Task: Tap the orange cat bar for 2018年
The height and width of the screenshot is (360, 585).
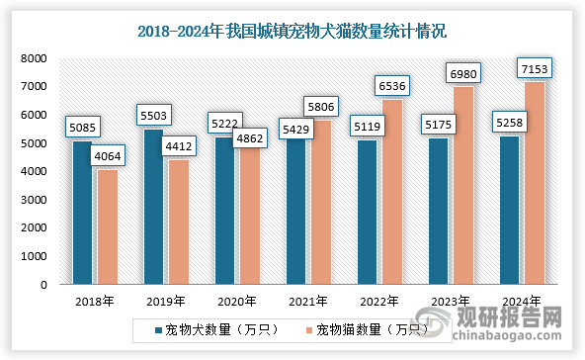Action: tap(108, 226)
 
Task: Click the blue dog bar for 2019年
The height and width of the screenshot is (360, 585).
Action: tap(152, 207)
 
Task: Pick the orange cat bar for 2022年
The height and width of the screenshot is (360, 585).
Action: tap(392, 192)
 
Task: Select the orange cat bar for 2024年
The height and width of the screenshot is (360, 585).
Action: tap(535, 183)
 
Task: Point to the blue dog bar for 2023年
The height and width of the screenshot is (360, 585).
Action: tap(437, 212)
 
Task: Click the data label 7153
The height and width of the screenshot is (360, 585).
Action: tap(534, 68)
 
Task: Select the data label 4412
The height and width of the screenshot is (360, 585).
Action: tap(180, 145)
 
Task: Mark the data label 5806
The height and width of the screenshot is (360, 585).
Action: tap(322, 106)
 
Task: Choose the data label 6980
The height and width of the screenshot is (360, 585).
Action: tap(463, 73)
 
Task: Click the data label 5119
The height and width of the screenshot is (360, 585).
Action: tap(369, 126)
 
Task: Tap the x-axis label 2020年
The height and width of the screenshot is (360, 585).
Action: tap(237, 302)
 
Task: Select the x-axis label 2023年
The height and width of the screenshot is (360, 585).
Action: tap(451, 302)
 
